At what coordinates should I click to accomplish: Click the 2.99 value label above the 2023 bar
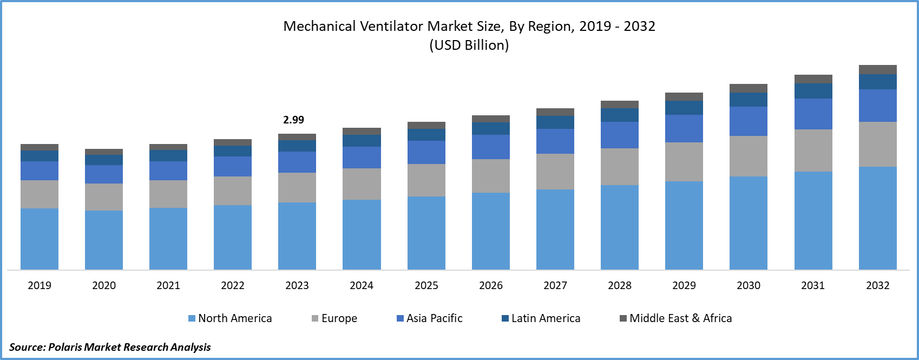[x=294, y=120]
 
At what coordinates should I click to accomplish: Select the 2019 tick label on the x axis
[x=40, y=285]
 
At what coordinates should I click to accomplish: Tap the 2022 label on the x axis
[x=233, y=285]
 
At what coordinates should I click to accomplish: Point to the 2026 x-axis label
[x=491, y=285]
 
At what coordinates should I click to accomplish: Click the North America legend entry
[x=230, y=318]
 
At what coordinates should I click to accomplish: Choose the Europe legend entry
[x=334, y=318]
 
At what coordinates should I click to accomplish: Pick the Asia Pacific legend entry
[x=430, y=318]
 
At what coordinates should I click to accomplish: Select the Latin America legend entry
[x=541, y=318]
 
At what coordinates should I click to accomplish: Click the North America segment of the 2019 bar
[x=40, y=239]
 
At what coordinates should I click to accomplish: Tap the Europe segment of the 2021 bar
[x=168, y=194]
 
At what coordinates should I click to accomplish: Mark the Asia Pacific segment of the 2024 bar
[x=362, y=158]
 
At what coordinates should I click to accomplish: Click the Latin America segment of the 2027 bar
[x=555, y=122]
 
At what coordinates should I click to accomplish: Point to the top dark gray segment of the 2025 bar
[x=426, y=125]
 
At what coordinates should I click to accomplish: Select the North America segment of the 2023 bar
[x=297, y=235]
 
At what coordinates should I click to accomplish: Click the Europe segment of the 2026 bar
[x=491, y=175]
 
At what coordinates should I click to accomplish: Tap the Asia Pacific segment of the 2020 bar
[x=104, y=174]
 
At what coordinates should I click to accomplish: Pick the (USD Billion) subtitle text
[x=469, y=45]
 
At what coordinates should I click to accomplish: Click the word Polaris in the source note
[x=65, y=347]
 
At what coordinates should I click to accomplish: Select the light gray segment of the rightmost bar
[x=878, y=144]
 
